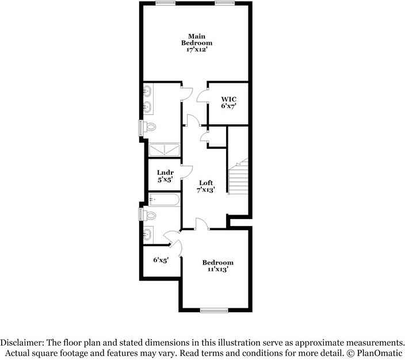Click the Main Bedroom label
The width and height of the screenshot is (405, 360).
[x=197, y=43]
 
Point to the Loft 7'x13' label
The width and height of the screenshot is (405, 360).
[x=206, y=186]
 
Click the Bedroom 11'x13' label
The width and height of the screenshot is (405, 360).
[x=218, y=266]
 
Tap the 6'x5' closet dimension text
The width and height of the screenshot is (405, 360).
[x=161, y=259]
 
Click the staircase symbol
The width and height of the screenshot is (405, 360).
[x=238, y=175]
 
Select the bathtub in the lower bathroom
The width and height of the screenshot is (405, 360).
[x=165, y=200]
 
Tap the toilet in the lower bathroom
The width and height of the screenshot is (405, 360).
[x=150, y=215]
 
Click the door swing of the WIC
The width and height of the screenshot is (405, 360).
[x=202, y=95]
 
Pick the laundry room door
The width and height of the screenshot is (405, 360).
[x=186, y=171]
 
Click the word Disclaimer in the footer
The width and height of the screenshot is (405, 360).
[x=25, y=342]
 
